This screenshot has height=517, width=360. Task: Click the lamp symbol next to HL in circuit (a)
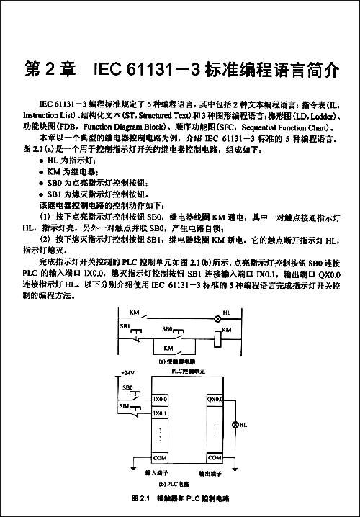click(217, 318)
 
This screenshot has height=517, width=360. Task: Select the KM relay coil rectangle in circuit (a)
click(217, 336)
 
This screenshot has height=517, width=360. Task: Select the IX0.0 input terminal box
click(160, 399)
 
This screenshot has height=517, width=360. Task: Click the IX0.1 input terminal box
click(160, 413)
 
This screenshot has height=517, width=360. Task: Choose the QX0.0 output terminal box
click(215, 399)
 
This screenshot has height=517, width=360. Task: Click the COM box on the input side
click(160, 458)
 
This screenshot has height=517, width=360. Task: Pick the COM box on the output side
click(215, 458)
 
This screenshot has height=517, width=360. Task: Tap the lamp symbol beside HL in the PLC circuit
click(233, 426)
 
